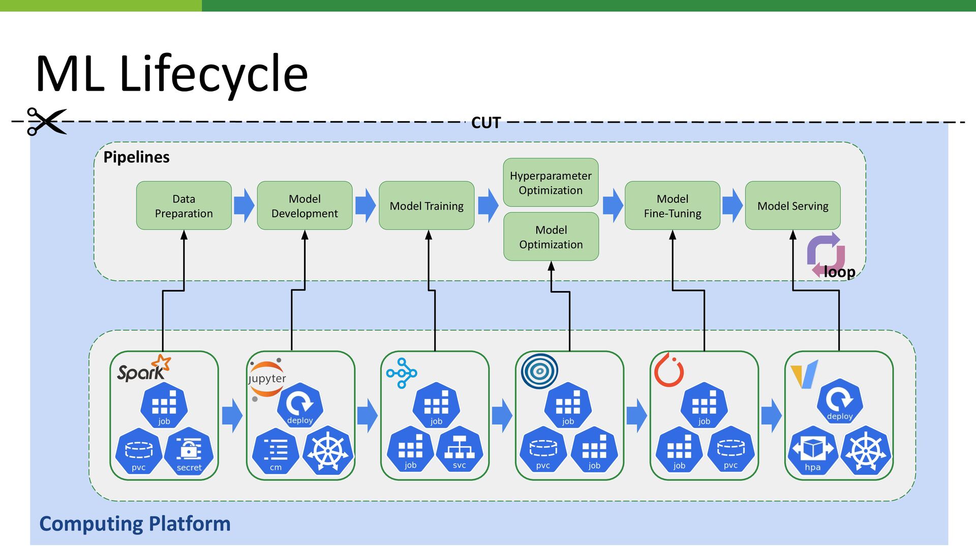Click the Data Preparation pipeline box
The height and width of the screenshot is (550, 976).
coord(184,206)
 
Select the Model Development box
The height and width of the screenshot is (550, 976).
coord(304,206)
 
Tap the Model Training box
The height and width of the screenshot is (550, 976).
coord(426,206)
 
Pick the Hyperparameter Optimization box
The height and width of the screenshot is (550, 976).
coord(551,183)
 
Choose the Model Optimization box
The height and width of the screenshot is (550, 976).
coord(551,237)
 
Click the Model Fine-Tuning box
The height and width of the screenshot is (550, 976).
coord(673,206)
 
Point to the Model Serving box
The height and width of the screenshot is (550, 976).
coord(792,206)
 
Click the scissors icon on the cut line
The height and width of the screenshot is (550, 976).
coord(46,122)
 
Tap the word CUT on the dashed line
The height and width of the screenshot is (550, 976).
coord(486,123)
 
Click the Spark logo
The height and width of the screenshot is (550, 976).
coord(144,368)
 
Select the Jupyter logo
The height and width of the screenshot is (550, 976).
coord(266,380)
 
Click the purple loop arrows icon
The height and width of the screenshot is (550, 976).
coord(826,254)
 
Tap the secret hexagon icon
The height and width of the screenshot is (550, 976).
coord(189,451)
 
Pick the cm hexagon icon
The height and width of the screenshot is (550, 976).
coord(276,451)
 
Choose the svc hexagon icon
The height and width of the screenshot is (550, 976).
coord(459,450)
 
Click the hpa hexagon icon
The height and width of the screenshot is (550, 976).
coord(812,451)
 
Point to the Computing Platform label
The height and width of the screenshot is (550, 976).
coord(135,524)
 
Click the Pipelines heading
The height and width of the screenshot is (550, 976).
coord(136,157)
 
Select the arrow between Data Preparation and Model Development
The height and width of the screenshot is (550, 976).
coord(245,206)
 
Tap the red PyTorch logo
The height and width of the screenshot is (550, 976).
coord(668,370)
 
